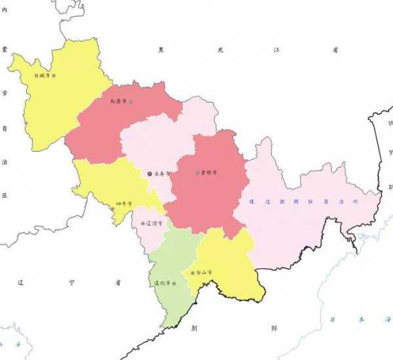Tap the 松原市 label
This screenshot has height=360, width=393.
(119, 101)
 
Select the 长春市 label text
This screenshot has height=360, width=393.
(162, 173)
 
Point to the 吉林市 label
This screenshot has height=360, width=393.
(210, 173)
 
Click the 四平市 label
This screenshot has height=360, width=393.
(123, 204)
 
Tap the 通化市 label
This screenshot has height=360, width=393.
(161, 283)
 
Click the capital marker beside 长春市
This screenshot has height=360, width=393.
(149, 173)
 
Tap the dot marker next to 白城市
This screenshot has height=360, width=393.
(54, 75)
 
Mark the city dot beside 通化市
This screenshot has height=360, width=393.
(174, 283)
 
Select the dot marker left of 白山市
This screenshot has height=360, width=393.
(191, 273)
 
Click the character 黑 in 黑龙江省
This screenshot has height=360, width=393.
(160, 50)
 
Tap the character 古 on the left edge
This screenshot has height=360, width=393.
(5, 94)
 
